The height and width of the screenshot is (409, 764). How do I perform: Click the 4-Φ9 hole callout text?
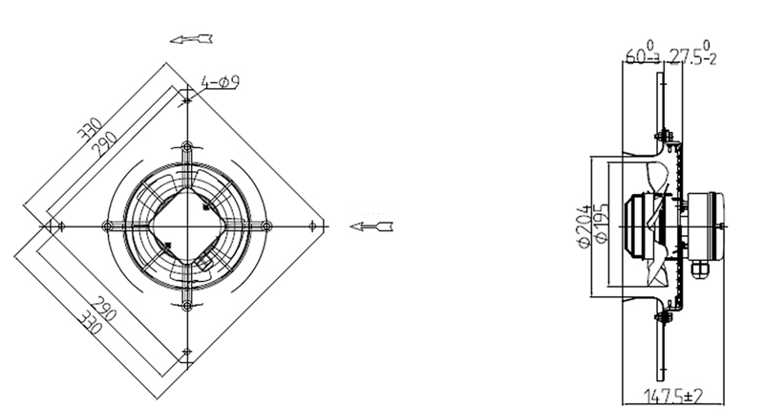point(221,82)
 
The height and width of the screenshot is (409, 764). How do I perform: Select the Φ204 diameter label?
point(585,226)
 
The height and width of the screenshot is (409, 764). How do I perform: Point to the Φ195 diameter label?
point(602,223)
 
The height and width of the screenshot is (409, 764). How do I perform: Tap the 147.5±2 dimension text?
point(673,396)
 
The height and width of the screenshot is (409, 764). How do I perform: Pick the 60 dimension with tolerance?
point(643,54)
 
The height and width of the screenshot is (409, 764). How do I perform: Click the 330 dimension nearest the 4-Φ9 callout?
point(91,129)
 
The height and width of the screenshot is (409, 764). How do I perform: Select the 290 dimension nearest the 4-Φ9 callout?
point(106,144)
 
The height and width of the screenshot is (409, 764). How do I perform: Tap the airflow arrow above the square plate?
point(191,39)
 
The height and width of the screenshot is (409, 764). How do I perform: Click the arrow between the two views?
point(371,226)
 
